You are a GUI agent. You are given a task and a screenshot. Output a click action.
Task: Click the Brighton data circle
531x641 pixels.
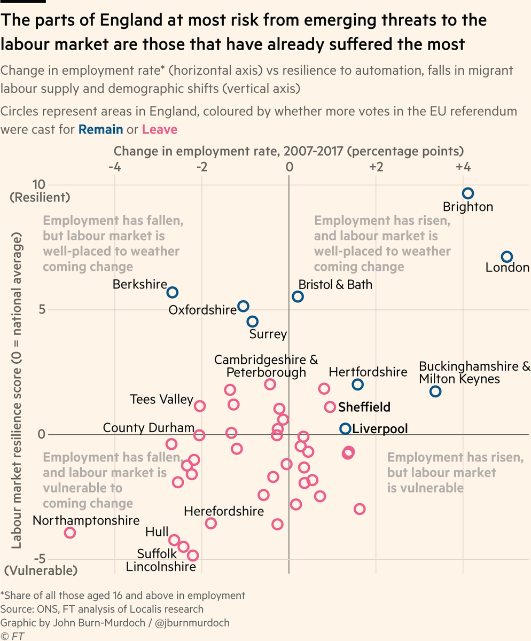pyautogui.click(x=468, y=193)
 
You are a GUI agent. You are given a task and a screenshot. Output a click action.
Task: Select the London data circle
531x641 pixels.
pyautogui.click(x=507, y=257)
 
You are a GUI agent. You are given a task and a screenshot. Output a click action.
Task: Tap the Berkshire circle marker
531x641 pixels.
pyautogui.click(x=172, y=292)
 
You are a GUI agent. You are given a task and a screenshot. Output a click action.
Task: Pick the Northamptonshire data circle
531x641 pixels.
pyautogui.click(x=70, y=533)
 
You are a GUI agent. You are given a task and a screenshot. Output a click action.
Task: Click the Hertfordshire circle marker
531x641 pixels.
pyautogui.click(x=357, y=385)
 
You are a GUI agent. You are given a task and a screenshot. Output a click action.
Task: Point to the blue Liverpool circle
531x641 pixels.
pyautogui.click(x=345, y=428)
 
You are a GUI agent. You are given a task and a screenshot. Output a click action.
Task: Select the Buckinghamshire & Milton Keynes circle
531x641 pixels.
pyautogui.click(x=435, y=391)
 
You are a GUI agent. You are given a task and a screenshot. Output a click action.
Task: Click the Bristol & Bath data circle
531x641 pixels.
pyautogui.click(x=298, y=296)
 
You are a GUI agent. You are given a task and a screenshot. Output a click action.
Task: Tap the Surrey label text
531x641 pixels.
pyautogui.click(x=268, y=335)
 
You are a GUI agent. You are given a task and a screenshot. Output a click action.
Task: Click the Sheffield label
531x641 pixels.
pyautogui.click(x=364, y=407)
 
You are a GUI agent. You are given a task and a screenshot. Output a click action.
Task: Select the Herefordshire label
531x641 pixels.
pyautogui.click(x=224, y=511)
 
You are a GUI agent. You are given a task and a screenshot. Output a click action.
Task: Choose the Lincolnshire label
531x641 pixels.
pyautogui.click(x=161, y=567)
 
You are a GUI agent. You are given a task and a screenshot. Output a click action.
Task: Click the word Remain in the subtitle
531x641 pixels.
pyautogui.click(x=100, y=129)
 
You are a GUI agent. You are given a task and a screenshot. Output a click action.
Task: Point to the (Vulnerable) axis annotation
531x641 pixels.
pyautogui.click(x=40, y=570)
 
